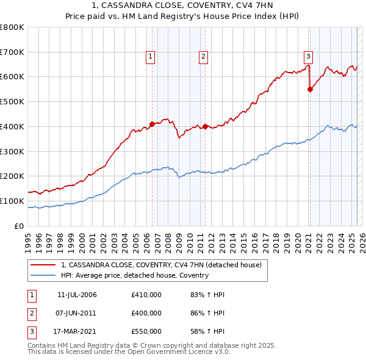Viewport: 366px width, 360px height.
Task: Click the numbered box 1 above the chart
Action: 150,57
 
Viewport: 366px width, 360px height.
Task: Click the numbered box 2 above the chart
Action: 203,57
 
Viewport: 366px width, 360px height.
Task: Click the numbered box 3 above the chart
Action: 309,57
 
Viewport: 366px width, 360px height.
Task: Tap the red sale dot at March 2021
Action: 310,89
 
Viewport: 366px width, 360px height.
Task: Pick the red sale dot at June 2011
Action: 205,126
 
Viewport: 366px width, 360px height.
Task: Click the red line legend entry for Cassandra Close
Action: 161,265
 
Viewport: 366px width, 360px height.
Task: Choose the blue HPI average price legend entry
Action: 134,275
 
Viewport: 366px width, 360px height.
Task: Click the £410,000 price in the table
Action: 146,295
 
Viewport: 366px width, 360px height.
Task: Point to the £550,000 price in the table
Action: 146,331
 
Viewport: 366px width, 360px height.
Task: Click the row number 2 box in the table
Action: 31,313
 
